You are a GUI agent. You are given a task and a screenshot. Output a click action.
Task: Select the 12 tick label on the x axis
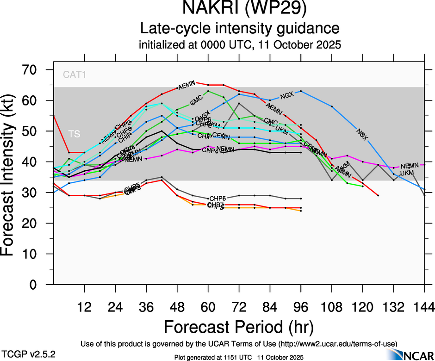(84, 307)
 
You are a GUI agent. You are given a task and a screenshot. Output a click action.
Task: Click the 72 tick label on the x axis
(239, 307)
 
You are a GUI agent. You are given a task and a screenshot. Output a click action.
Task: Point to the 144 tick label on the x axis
(424, 307)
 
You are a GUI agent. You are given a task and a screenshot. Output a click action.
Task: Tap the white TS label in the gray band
(74, 134)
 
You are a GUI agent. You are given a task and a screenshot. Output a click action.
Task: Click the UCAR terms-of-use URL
(337, 344)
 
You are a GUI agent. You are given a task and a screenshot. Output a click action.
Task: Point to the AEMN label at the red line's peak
(186, 86)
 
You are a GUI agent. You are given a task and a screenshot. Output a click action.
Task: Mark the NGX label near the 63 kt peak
(287, 96)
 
